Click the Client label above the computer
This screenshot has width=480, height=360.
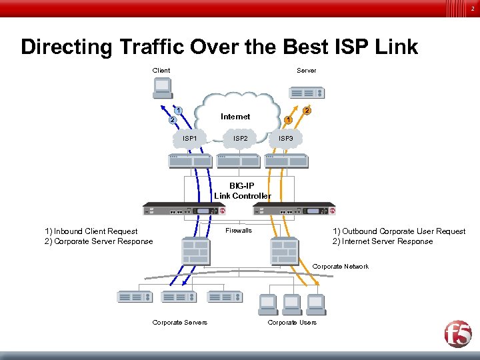[x=161, y=70]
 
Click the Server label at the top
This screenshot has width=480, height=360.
[x=307, y=70]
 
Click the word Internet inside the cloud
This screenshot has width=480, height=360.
[x=235, y=117]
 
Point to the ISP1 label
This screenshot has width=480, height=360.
[x=190, y=139]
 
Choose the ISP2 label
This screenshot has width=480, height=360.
[x=241, y=139]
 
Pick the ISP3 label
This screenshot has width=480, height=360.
[x=285, y=139]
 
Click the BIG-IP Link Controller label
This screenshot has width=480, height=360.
[x=242, y=191]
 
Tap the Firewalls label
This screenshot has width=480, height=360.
[x=239, y=231]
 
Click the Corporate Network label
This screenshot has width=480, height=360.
[x=340, y=267]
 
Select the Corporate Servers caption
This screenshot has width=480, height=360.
[x=179, y=323]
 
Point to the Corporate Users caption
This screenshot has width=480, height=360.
[x=292, y=323]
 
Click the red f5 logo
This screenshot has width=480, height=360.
[x=458, y=333]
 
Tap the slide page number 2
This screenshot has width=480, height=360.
[x=472, y=9]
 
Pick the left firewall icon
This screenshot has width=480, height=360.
[x=196, y=251]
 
